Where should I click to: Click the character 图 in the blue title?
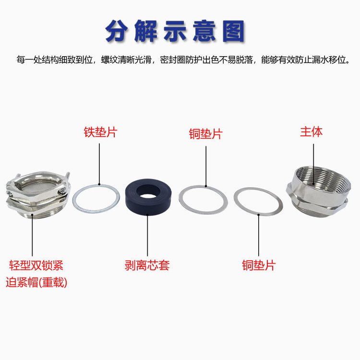coord(233,31)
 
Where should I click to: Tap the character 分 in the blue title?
coord(117,31)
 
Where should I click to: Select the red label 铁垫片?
coord(100,132)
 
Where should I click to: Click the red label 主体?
coord(311,132)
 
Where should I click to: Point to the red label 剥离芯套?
coord(147,265)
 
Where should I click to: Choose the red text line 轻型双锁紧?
coord(36,265)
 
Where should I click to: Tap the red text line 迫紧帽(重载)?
coord(36,282)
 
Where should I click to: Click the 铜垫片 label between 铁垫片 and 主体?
coord(206,134)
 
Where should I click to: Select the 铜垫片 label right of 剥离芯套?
coord(259,265)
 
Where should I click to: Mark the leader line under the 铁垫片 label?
coord(99,164)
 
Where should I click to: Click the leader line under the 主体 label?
coord(313,164)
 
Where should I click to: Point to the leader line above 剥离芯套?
coord(147,235)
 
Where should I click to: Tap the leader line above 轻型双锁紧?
coord(32,235)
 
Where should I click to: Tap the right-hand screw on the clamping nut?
coord(62,191)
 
